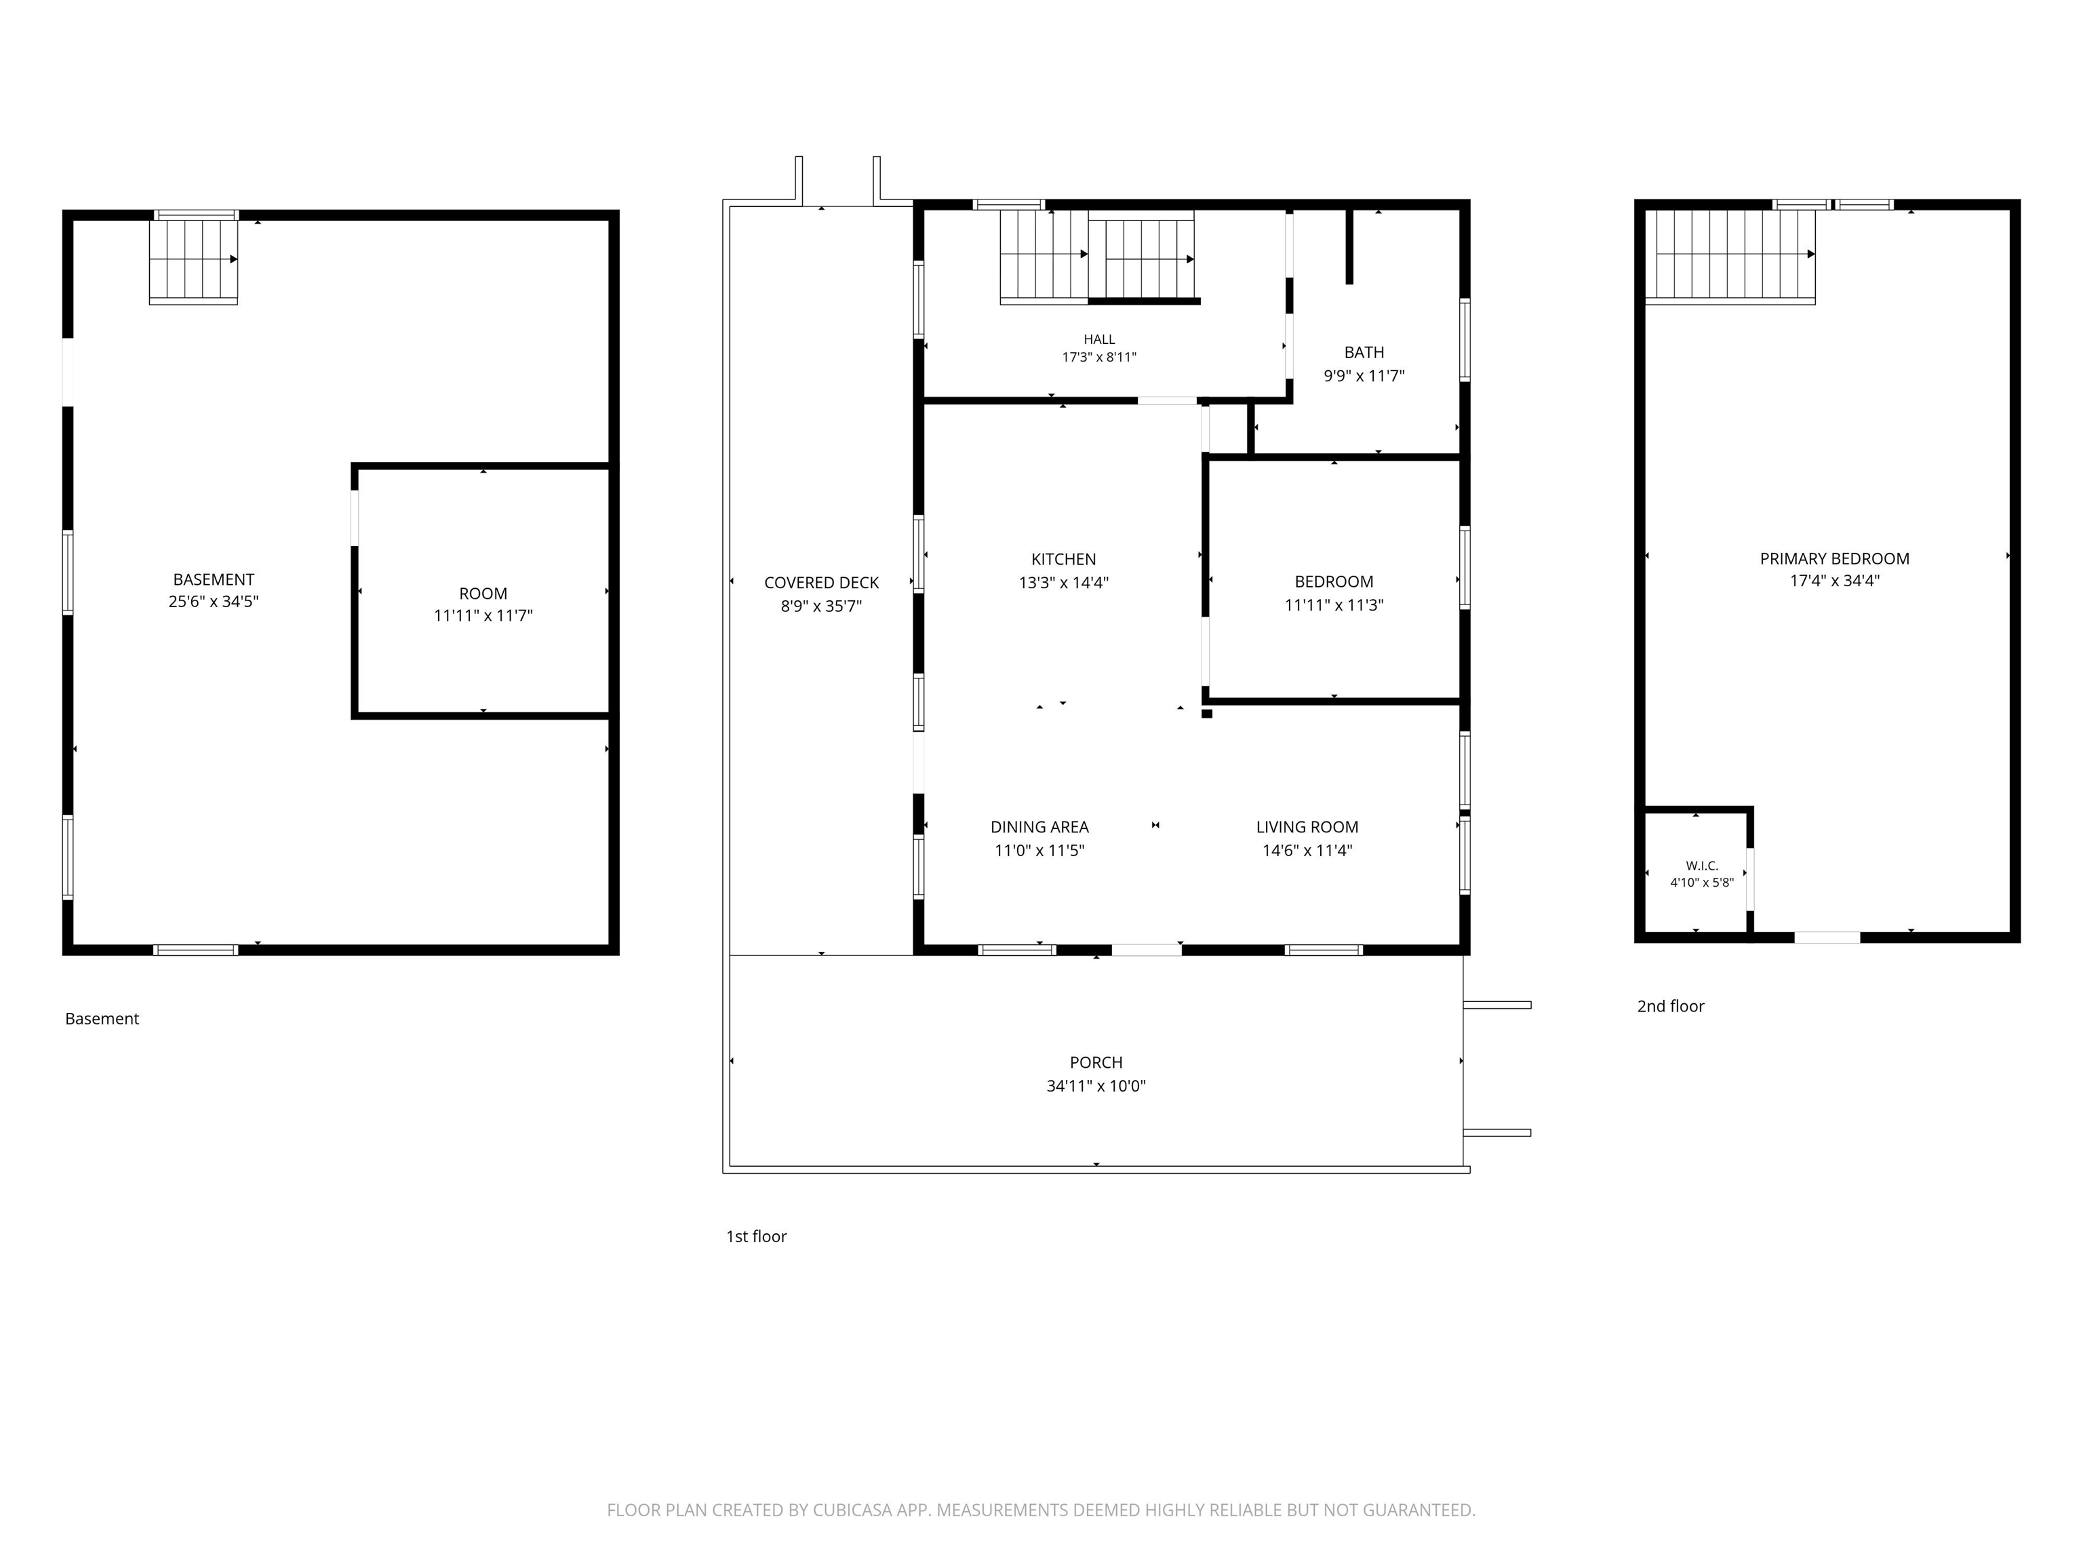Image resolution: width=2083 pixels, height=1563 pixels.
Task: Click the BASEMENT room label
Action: coord(214,579)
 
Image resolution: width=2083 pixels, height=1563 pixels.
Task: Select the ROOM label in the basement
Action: coord(483,594)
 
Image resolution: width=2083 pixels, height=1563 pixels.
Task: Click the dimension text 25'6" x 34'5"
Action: coord(214,601)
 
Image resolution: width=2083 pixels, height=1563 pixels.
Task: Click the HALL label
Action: coord(1099,339)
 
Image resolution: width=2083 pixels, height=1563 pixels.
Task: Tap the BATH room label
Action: coord(1364,352)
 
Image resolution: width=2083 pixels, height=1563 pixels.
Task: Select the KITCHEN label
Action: coord(1063,559)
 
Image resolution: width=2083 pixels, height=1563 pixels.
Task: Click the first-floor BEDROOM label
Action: coord(1334,581)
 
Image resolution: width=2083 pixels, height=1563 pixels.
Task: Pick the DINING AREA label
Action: coord(1039,827)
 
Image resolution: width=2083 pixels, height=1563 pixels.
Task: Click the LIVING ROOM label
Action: coord(1307,827)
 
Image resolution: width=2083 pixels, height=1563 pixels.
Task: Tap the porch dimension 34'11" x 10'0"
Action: coord(1096,1085)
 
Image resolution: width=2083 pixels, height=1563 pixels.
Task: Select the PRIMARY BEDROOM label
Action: coord(1834,559)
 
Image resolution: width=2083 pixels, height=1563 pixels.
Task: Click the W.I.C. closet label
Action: coord(1702,866)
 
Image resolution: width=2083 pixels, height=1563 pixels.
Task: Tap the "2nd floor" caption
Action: coord(1671,1006)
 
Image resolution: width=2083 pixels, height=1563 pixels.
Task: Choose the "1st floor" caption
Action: coord(756,1236)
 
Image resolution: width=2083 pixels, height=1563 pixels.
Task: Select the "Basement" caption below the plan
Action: coord(102,1018)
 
